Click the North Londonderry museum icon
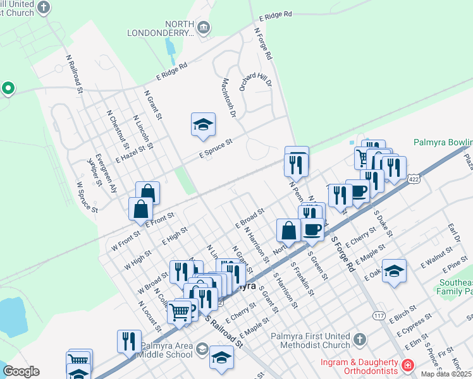[x=204, y=27]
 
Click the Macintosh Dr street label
[x=228, y=98]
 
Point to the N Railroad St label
[x=75, y=73]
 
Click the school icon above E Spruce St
[x=204, y=125]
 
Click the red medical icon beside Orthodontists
[x=407, y=364]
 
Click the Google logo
[x=21, y=371]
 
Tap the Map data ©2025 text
[x=446, y=374]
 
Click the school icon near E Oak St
[x=394, y=270]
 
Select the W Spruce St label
[x=87, y=198]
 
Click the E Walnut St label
[x=431, y=260]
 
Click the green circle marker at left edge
[x=8, y=88]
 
